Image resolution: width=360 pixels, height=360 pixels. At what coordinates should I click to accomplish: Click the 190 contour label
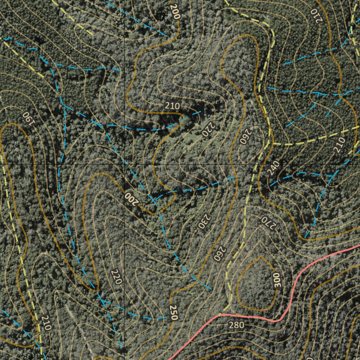pos(29,118)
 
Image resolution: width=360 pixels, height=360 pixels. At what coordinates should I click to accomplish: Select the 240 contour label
pos(273,168)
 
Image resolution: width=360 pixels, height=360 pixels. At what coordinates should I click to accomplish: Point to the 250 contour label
pos(173,313)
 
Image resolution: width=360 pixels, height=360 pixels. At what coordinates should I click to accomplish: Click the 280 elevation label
pos(236,325)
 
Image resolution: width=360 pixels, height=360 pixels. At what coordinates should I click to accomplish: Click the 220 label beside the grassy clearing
pos(208,129)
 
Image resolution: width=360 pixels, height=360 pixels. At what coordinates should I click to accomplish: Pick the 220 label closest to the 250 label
pos(116,276)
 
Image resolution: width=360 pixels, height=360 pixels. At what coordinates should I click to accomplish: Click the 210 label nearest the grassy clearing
pos(172,106)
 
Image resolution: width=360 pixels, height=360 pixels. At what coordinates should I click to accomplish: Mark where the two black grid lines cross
pos(124,164)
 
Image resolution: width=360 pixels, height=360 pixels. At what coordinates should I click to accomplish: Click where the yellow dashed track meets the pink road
pos(221,314)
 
